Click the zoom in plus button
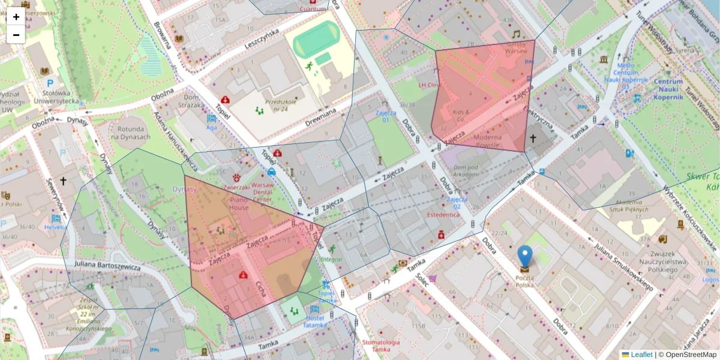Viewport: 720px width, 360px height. tap(16, 17)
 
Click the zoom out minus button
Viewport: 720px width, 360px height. tap(16, 35)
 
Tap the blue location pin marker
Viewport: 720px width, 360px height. tap(525, 256)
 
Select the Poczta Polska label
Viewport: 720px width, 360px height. tap(525, 281)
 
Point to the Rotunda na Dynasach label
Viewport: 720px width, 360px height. tap(130, 133)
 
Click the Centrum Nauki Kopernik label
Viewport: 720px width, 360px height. tap(668, 89)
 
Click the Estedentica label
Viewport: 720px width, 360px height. tap(443, 214)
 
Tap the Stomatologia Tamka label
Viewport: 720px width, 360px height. tap(381, 346)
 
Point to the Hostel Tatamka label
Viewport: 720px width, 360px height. tap(316, 321)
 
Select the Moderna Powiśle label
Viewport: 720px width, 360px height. tap(491, 140)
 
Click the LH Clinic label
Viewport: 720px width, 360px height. tap(429, 85)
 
